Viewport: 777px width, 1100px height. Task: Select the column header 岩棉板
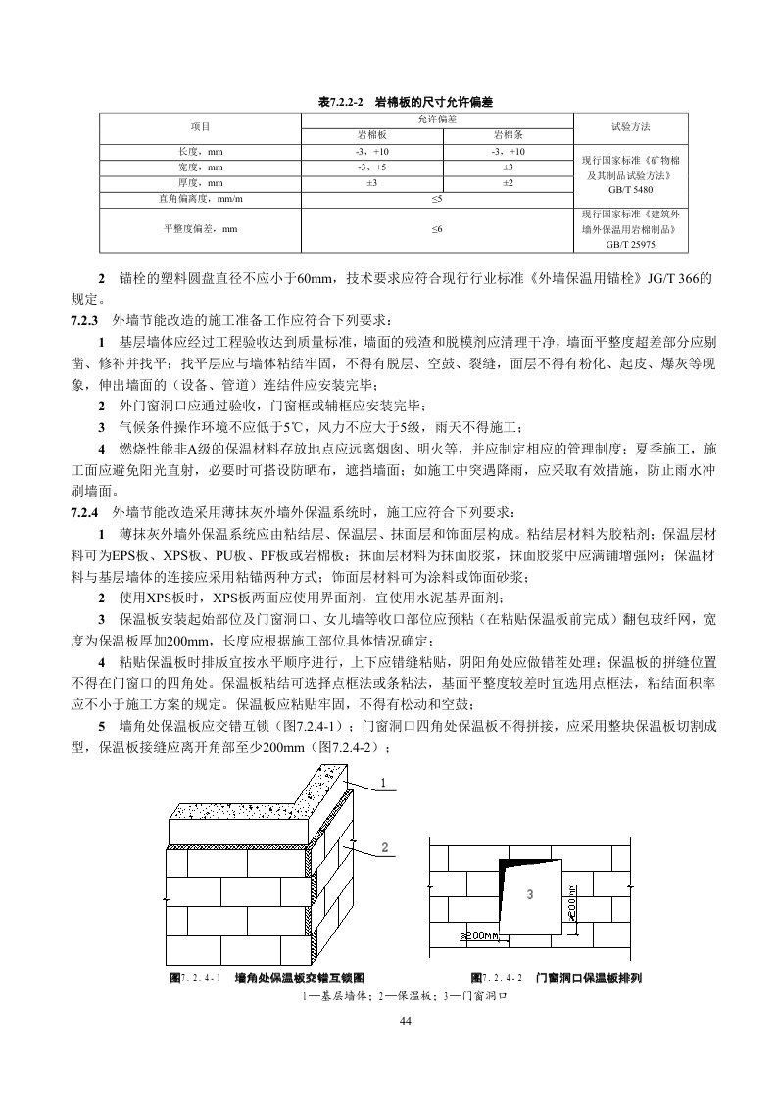coord(371,133)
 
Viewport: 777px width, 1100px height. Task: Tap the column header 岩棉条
coord(508,133)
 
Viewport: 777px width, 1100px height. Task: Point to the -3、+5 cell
coord(371,167)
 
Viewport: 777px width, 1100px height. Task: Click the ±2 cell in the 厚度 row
coord(508,183)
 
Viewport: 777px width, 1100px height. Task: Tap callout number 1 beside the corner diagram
coord(383,782)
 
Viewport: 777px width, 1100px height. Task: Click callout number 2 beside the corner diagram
coord(385,846)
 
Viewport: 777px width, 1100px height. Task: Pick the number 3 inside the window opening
coord(529,894)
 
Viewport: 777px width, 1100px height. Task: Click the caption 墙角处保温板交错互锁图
coord(300,978)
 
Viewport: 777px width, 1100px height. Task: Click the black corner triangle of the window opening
coord(509,870)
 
